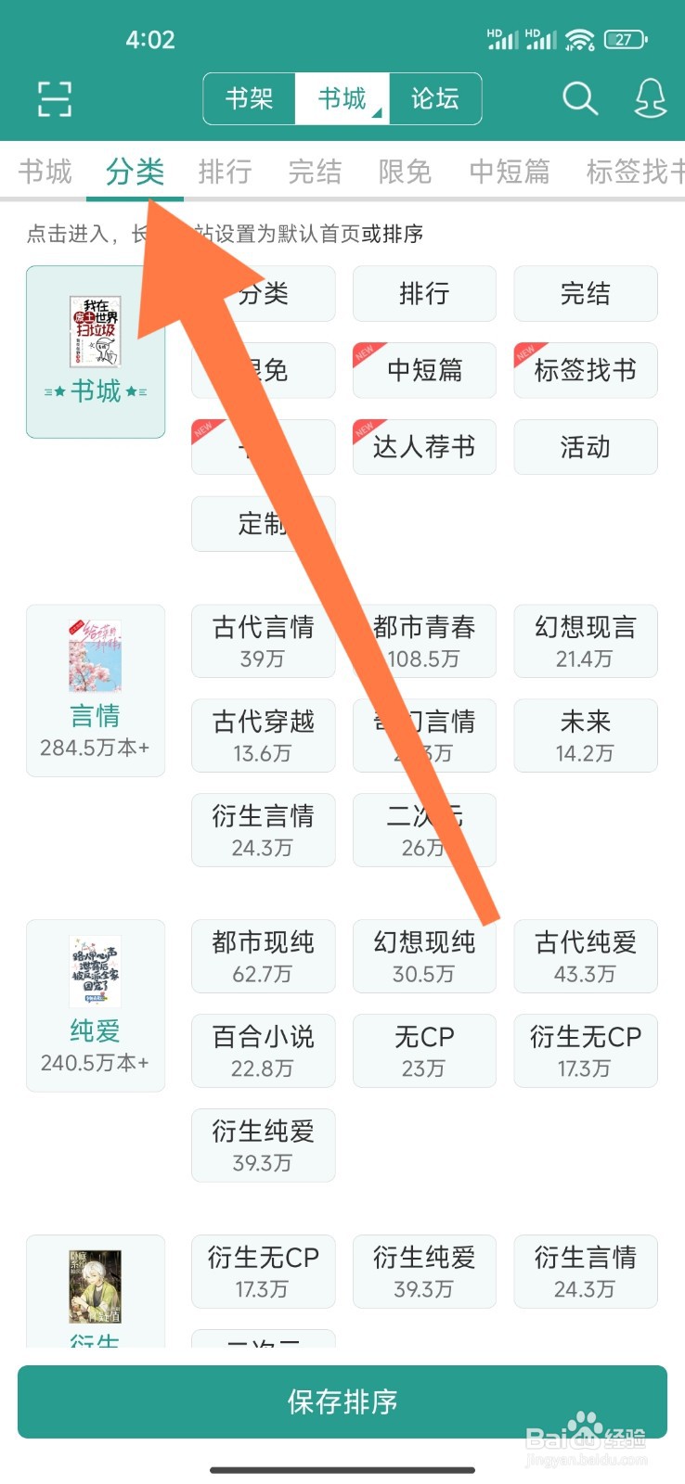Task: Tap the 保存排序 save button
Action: click(x=342, y=1401)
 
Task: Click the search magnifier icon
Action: click(x=580, y=98)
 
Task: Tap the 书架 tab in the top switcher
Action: click(x=249, y=98)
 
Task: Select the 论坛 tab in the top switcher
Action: click(x=435, y=98)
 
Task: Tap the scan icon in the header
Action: click(x=54, y=98)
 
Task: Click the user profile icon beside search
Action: click(x=650, y=98)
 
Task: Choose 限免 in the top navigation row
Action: click(x=405, y=172)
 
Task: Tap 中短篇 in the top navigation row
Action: click(x=510, y=172)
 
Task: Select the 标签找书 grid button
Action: click(x=586, y=371)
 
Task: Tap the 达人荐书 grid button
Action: click(x=424, y=447)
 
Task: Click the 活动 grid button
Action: click(x=586, y=447)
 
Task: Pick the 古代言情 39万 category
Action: click(x=264, y=641)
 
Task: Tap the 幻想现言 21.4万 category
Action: click(x=586, y=641)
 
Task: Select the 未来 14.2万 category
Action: click(x=586, y=736)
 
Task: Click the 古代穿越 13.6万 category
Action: click(x=264, y=736)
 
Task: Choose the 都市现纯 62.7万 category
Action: click(x=264, y=956)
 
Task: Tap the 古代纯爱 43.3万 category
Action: click(x=586, y=956)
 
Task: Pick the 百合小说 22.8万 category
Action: click(x=264, y=1051)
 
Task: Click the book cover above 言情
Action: click(x=95, y=657)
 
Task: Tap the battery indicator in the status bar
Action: click(x=625, y=40)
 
